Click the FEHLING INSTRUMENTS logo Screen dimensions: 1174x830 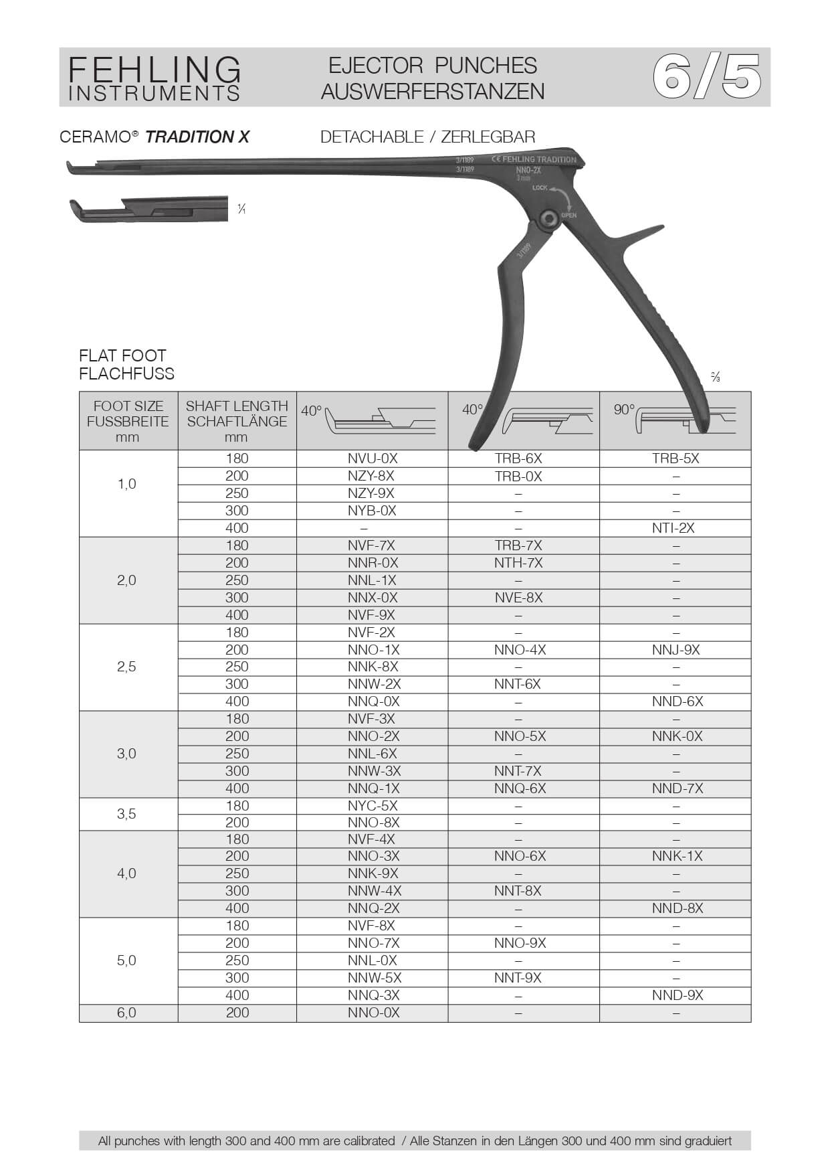(x=154, y=78)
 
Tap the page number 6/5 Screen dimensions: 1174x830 (x=706, y=77)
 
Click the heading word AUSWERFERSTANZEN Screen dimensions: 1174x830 (x=433, y=91)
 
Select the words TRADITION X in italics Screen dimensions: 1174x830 (x=197, y=137)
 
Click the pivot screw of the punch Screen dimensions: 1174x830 (x=549, y=220)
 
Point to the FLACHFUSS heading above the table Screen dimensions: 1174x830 (x=126, y=373)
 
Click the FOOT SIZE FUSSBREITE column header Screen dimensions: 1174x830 (x=128, y=421)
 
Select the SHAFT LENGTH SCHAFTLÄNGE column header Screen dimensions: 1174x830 (x=237, y=421)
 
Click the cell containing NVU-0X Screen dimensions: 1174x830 (x=372, y=458)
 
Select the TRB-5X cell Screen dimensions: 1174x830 (x=676, y=458)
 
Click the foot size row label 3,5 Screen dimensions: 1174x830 (x=126, y=814)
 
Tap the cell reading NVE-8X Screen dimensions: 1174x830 (x=518, y=598)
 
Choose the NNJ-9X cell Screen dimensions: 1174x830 (x=676, y=649)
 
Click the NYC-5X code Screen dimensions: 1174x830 (x=372, y=806)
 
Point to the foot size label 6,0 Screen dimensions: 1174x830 (x=126, y=1013)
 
